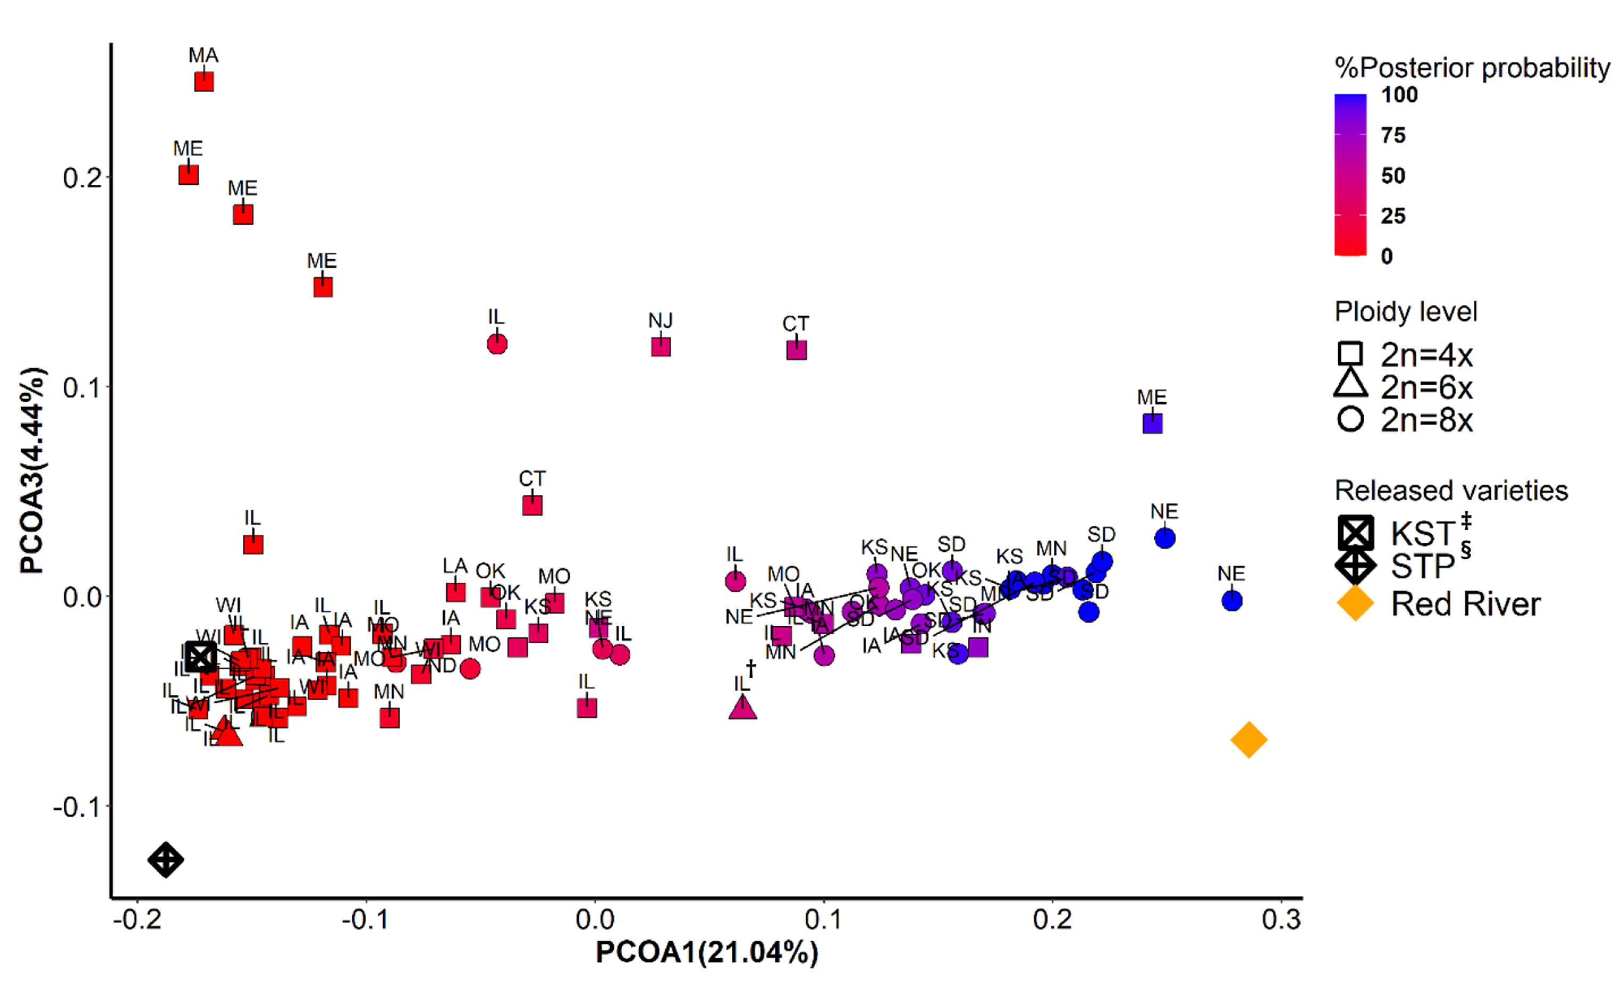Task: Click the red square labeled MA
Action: [203, 82]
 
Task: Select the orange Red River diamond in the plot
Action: [1248, 740]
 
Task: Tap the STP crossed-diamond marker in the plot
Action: [166, 860]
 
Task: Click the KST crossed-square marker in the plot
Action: [200, 657]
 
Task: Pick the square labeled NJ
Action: [660, 347]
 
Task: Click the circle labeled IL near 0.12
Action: [497, 344]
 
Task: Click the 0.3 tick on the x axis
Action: [1280, 919]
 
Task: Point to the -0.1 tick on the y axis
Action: [78, 807]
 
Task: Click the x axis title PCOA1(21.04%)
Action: [707, 953]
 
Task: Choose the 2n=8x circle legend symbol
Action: [1350, 419]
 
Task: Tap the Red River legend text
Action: [1465, 604]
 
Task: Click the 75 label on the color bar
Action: [1393, 135]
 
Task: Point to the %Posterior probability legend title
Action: [1472, 68]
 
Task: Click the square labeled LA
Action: [455, 592]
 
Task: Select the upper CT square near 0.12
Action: [796, 350]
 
